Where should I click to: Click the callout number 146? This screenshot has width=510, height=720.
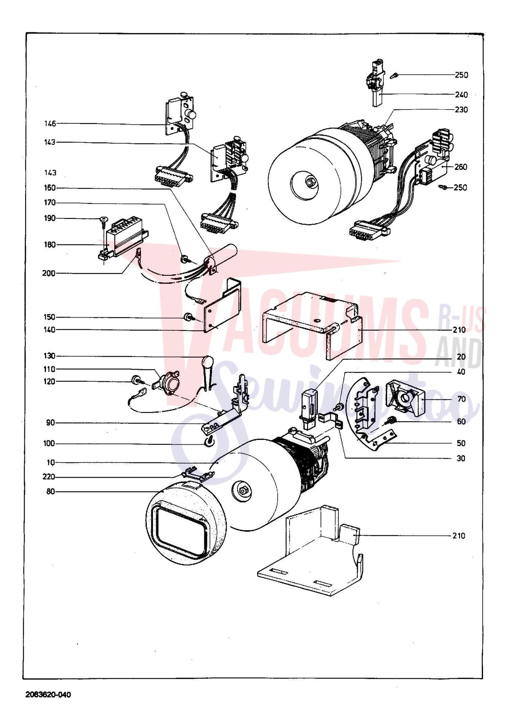point(50,124)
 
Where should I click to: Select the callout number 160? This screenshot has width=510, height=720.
point(50,188)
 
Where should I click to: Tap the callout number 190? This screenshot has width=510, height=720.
point(50,218)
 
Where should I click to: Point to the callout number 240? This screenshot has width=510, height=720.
point(461,95)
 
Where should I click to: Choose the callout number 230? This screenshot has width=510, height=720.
point(461,110)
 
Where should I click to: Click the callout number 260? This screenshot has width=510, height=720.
point(461,167)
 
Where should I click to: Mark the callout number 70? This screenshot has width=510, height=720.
point(461,399)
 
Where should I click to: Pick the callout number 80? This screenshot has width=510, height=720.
point(51,492)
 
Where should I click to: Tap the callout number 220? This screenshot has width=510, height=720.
point(49,477)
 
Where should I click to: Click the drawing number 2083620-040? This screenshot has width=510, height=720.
point(48,695)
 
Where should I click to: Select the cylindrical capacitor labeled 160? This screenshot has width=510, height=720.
point(220,258)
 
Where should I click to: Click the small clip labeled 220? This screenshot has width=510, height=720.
point(199,474)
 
